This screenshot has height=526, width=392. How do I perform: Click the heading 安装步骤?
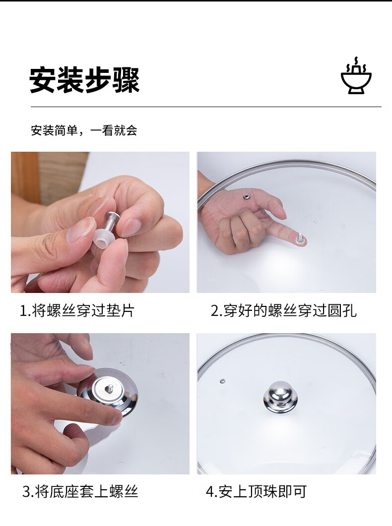pyautogui.click(x=84, y=80)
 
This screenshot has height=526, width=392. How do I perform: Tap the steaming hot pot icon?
pyautogui.click(x=356, y=75)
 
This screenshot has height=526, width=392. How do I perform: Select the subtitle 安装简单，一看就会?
pyautogui.click(x=84, y=130)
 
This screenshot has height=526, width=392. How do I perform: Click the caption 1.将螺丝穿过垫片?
pyautogui.click(x=77, y=310)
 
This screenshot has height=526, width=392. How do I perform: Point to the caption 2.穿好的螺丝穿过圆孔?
pyautogui.click(x=284, y=310)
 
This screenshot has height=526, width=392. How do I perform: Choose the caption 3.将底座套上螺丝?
pyautogui.click(x=80, y=491)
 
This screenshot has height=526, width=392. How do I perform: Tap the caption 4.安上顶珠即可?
pyautogui.click(x=256, y=491)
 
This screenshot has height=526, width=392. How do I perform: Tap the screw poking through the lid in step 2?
pyautogui.click(x=300, y=238)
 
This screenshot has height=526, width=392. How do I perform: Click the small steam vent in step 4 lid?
pyautogui.click(x=222, y=381)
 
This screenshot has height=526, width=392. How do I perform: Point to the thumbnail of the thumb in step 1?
pyautogui.click(x=80, y=230)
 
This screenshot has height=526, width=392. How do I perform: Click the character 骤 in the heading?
pyautogui.click(x=126, y=80)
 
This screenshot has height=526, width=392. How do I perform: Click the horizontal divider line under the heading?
pyautogui.click(x=206, y=107)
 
